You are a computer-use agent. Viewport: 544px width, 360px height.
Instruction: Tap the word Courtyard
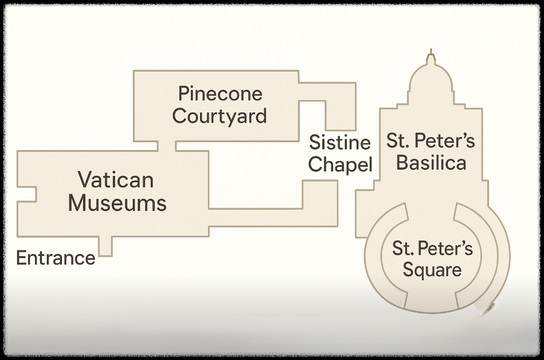220,116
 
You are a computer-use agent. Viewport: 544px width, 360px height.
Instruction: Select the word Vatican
116,180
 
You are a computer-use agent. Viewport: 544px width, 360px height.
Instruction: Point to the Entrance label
56,258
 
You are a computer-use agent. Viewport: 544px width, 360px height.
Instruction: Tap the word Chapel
340,165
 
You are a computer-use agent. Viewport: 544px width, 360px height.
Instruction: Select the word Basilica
431,163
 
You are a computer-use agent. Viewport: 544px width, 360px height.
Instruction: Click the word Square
432,269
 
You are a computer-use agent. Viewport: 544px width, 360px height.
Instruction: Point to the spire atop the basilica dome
430,58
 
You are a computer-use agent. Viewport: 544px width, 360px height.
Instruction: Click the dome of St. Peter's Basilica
431,86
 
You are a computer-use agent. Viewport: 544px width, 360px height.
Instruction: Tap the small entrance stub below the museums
105,246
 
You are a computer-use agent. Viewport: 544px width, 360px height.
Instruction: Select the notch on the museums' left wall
27,194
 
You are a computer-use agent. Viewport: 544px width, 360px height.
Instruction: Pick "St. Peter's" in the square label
432,248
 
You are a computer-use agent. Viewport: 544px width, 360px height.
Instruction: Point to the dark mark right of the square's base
488,310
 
